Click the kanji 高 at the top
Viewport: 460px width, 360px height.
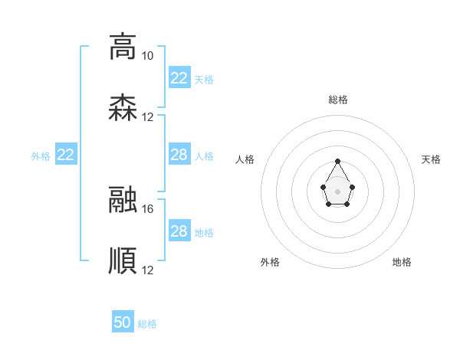click(x=123, y=46)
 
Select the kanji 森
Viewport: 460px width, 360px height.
click(x=123, y=108)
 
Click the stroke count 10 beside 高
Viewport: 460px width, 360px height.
click(x=147, y=56)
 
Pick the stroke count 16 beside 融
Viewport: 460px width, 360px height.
click(x=147, y=208)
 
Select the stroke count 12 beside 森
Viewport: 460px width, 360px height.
click(x=147, y=117)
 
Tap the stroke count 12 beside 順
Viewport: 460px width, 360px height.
click(x=147, y=270)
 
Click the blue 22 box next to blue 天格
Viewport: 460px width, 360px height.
click(x=179, y=78)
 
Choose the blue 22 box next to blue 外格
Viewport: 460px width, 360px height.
click(x=66, y=155)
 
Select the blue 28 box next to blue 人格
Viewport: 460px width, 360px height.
click(x=179, y=155)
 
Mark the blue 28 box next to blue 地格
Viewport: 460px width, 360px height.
click(x=179, y=231)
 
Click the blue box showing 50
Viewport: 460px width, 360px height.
click(x=123, y=322)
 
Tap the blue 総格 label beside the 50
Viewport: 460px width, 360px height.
click(x=147, y=324)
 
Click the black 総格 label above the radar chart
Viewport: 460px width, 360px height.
click(x=338, y=100)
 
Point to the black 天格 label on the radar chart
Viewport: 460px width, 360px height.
click(x=431, y=159)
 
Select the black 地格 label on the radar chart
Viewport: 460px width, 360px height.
click(x=402, y=262)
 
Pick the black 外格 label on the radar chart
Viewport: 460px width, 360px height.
click(x=270, y=262)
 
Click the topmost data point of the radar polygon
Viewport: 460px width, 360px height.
click(x=338, y=162)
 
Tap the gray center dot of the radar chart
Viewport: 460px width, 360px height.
click(x=338, y=191)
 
